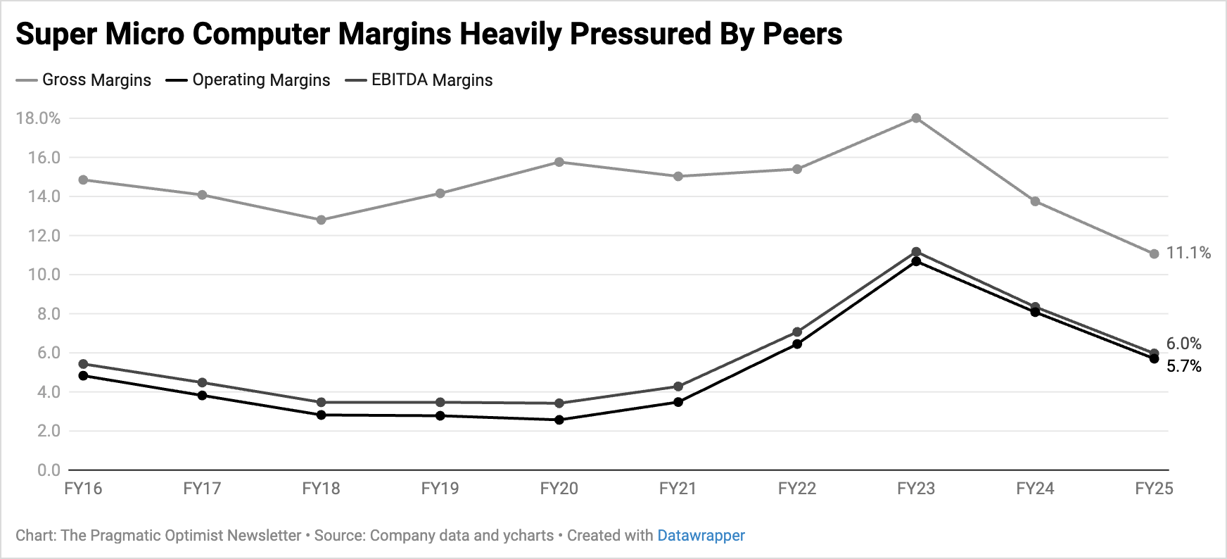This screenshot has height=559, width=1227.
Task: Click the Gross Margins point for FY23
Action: click(916, 118)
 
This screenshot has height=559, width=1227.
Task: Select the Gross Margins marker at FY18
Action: click(322, 220)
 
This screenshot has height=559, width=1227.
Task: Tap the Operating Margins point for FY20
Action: click(559, 420)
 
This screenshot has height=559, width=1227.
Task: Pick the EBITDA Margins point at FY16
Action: click(83, 364)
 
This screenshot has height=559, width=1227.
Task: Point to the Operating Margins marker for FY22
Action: click(797, 344)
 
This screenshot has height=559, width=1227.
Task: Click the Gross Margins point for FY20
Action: click(559, 162)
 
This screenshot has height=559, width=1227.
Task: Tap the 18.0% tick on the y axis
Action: click(38, 118)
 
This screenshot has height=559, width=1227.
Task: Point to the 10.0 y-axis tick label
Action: click(44, 275)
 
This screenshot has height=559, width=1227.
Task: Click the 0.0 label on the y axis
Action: click(49, 470)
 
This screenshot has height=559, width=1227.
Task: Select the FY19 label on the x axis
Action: click(440, 489)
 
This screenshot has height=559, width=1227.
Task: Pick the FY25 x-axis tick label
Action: click(1154, 489)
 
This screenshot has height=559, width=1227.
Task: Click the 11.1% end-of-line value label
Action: click(1188, 253)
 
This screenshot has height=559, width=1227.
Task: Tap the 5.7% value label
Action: click(1184, 366)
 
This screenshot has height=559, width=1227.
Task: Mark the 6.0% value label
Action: click(1184, 344)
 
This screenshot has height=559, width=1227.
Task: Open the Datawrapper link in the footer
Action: click(701, 536)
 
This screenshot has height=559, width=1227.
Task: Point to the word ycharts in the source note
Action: click(528, 536)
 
